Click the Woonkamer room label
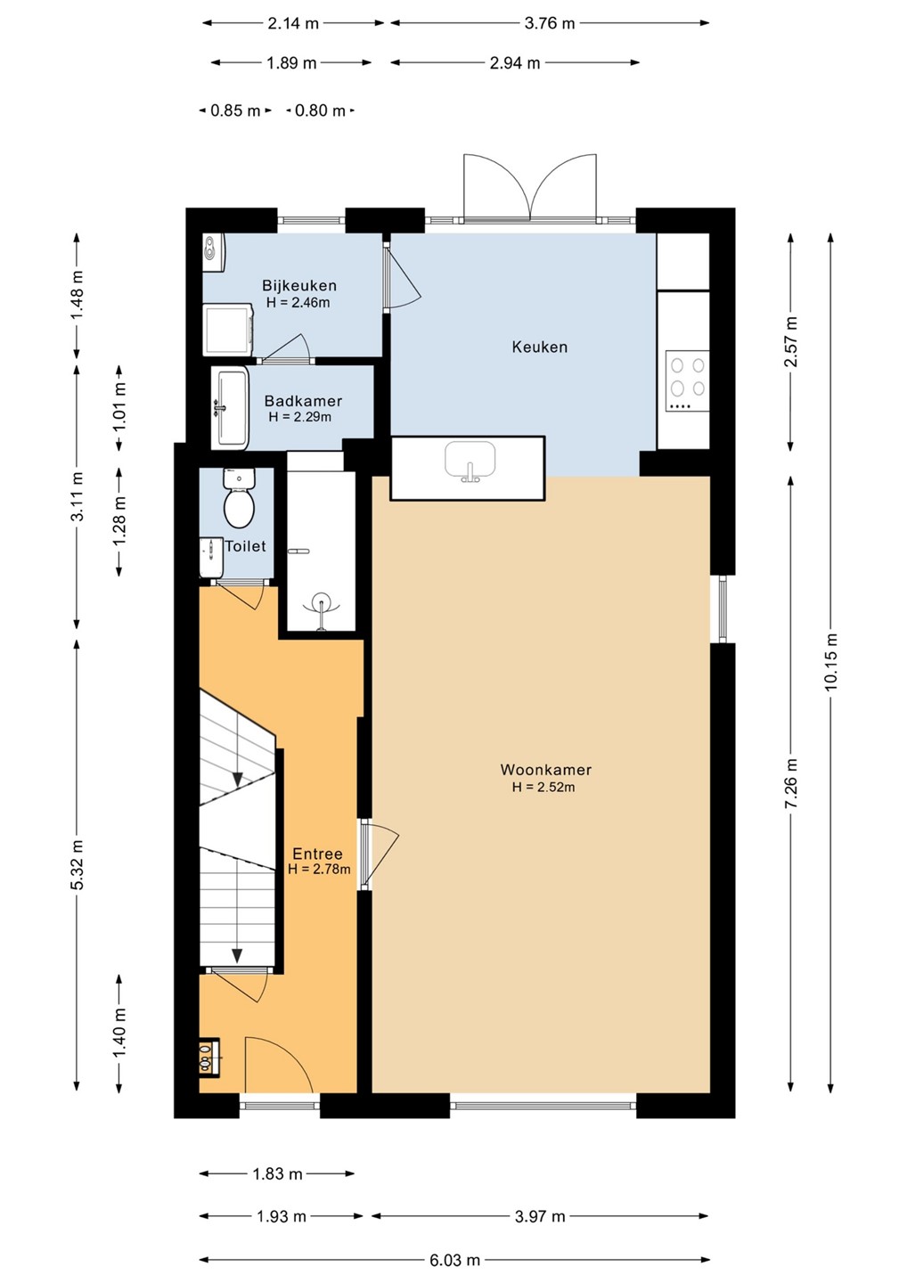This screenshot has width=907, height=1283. [545, 769]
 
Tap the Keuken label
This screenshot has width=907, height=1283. [539, 347]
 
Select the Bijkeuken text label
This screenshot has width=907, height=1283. [298, 285]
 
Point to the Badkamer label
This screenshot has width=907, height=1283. [303, 401]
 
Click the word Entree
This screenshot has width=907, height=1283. [317, 854]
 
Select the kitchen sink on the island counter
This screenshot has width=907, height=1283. [470, 462]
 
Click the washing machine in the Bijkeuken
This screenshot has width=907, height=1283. [228, 330]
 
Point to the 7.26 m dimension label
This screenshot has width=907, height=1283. [791, 783]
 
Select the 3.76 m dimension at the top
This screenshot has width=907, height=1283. [550, 23]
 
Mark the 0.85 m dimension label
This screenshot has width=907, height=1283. [235, 110]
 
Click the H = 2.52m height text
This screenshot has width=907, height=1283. [543, 787]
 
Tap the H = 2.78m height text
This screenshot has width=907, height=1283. [320, 870]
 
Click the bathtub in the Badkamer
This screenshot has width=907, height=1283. [230, 408]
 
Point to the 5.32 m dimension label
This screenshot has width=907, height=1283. [78, 865]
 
